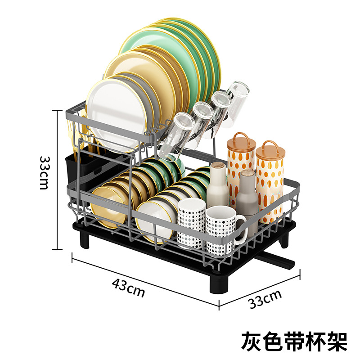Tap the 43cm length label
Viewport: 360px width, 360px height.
(129, 288)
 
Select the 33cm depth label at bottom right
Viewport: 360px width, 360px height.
(265, 299)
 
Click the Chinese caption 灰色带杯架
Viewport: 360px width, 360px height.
(294, 341)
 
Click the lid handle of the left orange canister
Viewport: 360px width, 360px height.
(241, 138)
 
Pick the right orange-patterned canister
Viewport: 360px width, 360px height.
(270, 180)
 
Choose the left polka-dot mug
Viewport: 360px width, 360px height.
(191, 223)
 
